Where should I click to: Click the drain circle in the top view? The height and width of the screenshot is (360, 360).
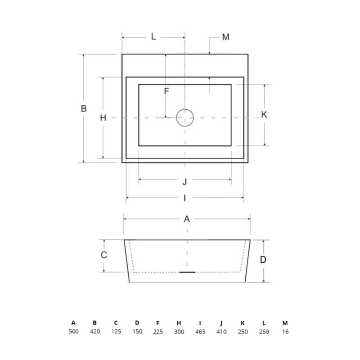click(185, 109)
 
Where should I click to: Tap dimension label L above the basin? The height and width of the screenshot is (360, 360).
click(153, 37)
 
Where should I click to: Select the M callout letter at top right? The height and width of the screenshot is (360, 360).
click(226, 37)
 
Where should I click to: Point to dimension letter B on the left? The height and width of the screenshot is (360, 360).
click(84, 108)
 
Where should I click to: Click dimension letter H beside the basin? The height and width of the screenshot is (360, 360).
click(103, 118)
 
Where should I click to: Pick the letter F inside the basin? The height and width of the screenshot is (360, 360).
click(166, 91)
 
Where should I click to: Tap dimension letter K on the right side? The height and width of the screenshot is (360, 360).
click(264, 114)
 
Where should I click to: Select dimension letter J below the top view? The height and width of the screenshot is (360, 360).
click(185, 182)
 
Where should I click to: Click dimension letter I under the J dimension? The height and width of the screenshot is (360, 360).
click(185, 198)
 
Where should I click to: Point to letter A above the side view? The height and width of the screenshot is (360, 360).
click(187, 219)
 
